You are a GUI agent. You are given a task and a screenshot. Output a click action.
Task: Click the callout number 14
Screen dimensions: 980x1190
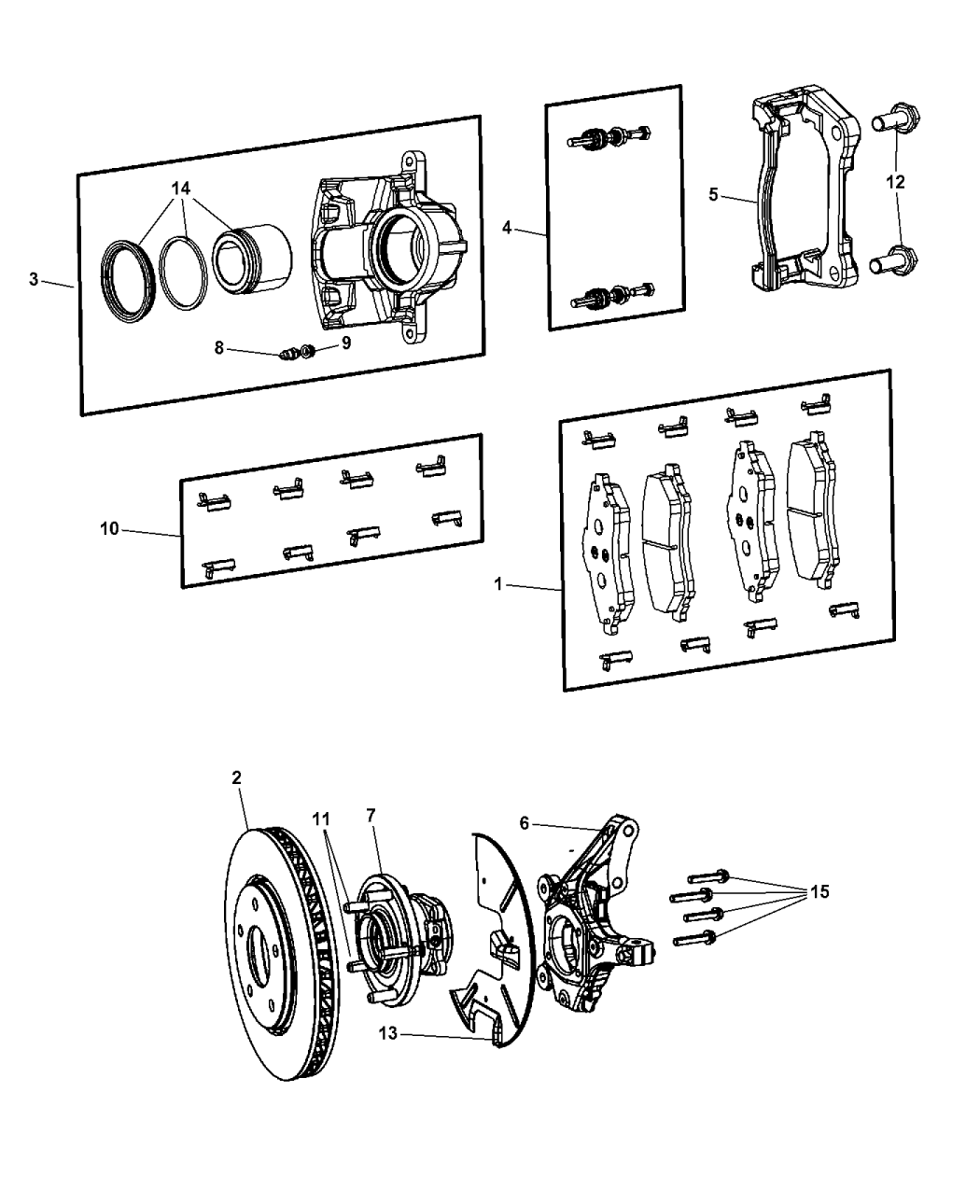[x=181, y=189]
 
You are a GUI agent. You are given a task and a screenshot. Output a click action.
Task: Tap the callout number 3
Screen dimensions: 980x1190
[x=34, y=279]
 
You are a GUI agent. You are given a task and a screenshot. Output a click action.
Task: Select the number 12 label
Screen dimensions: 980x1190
[x=896, y=182]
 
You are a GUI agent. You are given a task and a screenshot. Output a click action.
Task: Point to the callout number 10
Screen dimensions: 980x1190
[x=109, y=529]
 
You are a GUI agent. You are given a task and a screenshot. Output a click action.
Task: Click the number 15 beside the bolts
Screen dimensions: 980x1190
[x=819, y=891]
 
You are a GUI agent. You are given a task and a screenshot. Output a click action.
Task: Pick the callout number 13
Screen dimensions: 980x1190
[x=388, y=1033]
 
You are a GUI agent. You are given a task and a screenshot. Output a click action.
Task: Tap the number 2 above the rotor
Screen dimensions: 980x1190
[x=236, y=777]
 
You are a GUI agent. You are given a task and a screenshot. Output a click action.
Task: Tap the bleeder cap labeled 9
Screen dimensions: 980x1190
[x=308, y=351]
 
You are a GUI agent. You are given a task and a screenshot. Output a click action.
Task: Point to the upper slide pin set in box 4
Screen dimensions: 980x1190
[x=609, y=136]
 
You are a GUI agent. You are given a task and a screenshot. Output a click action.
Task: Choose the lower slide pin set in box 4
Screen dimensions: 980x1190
[x=613, y=294]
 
